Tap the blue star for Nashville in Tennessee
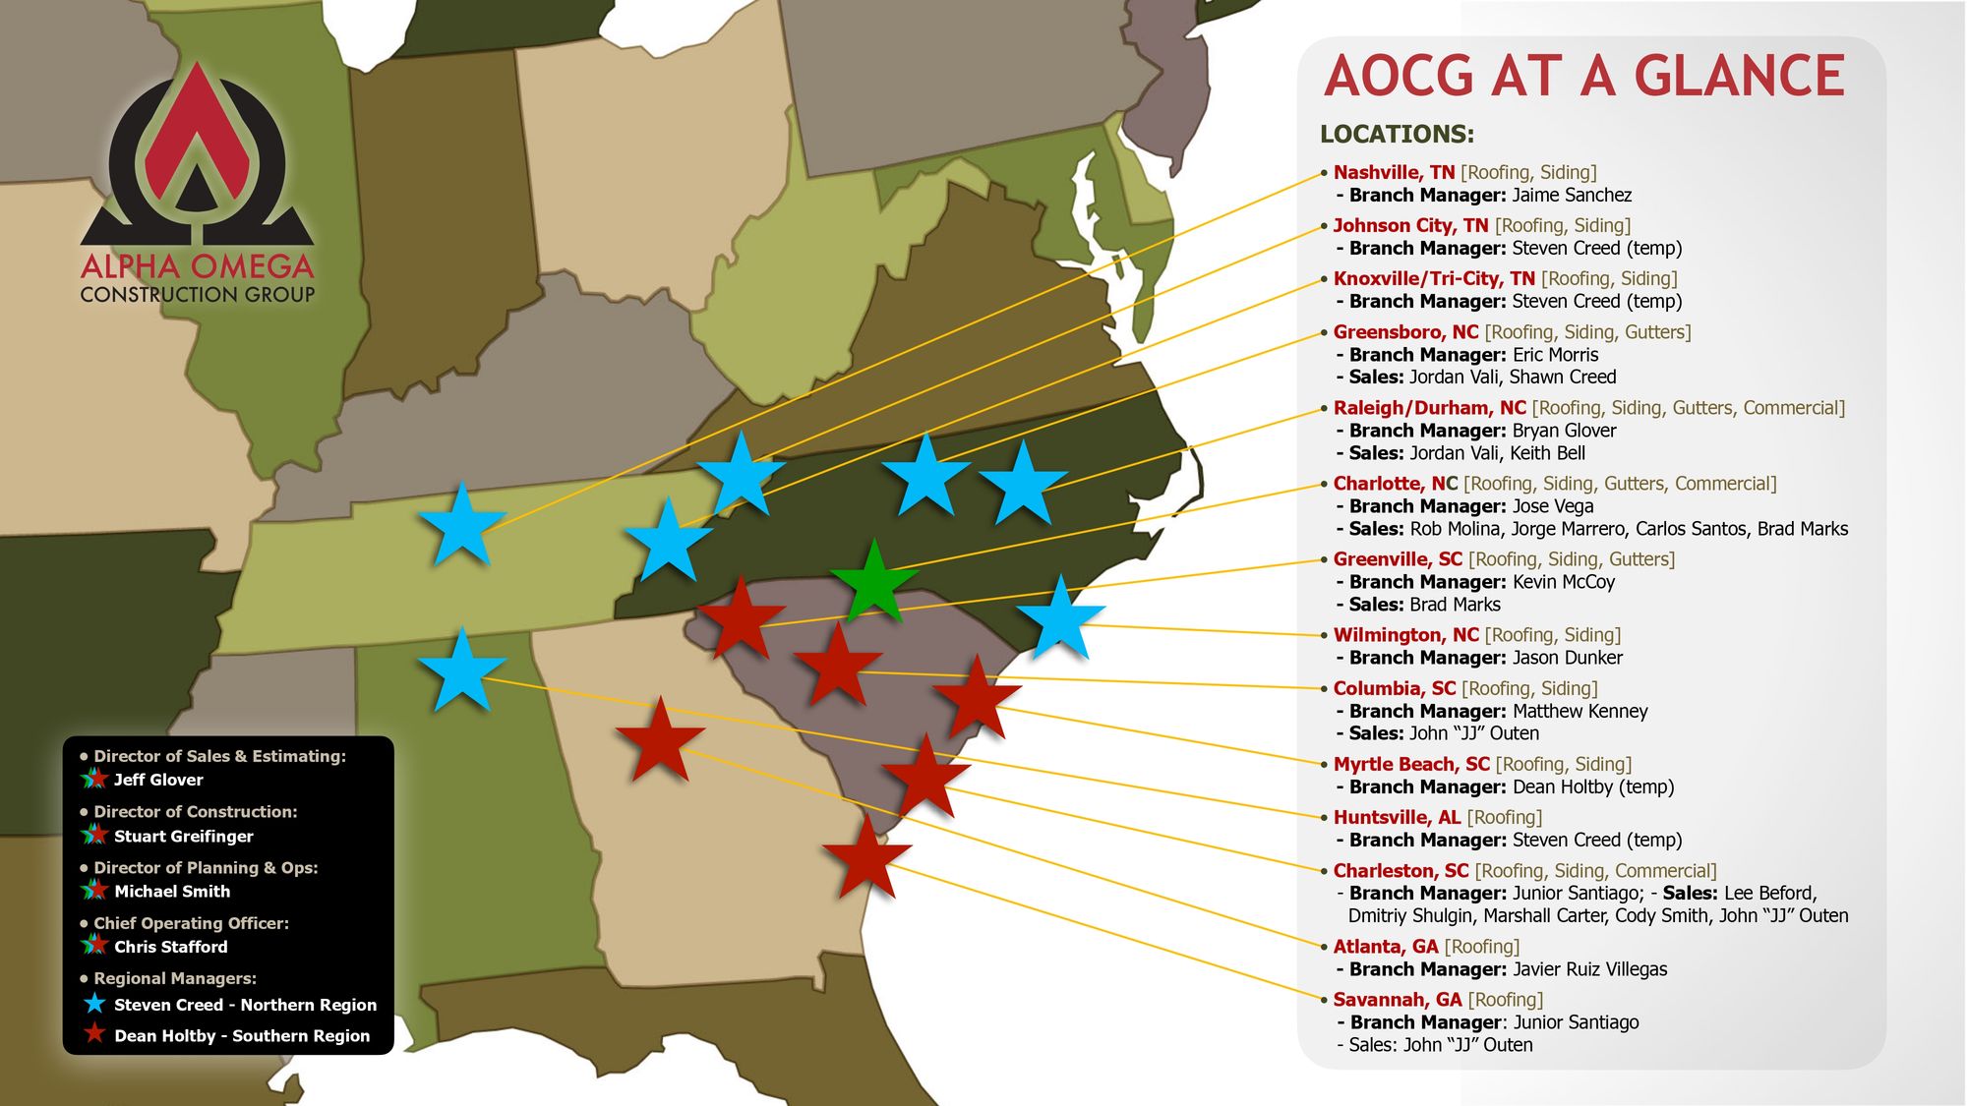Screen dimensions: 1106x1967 (461, 526)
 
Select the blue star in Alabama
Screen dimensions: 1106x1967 (461, 672)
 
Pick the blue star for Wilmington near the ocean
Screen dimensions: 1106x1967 (1060, 620)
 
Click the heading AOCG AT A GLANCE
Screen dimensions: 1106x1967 (1583, 77)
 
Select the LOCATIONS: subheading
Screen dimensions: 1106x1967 (1397, 134)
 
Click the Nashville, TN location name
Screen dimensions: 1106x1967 (1394, 173)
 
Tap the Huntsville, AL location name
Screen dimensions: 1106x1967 (1397, 817)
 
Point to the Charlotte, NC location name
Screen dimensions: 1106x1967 (1395, 484)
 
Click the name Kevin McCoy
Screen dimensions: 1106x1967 (1564, 582)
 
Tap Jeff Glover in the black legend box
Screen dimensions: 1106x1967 (158, 780)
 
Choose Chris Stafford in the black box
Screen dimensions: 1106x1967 (170, 947)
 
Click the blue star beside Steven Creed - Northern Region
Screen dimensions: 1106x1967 (94, 1004)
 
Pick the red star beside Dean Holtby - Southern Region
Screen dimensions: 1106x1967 (94, 1034)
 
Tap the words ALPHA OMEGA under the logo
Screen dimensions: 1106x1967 (197, 266)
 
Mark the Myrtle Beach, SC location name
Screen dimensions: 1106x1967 (1411, 764)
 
